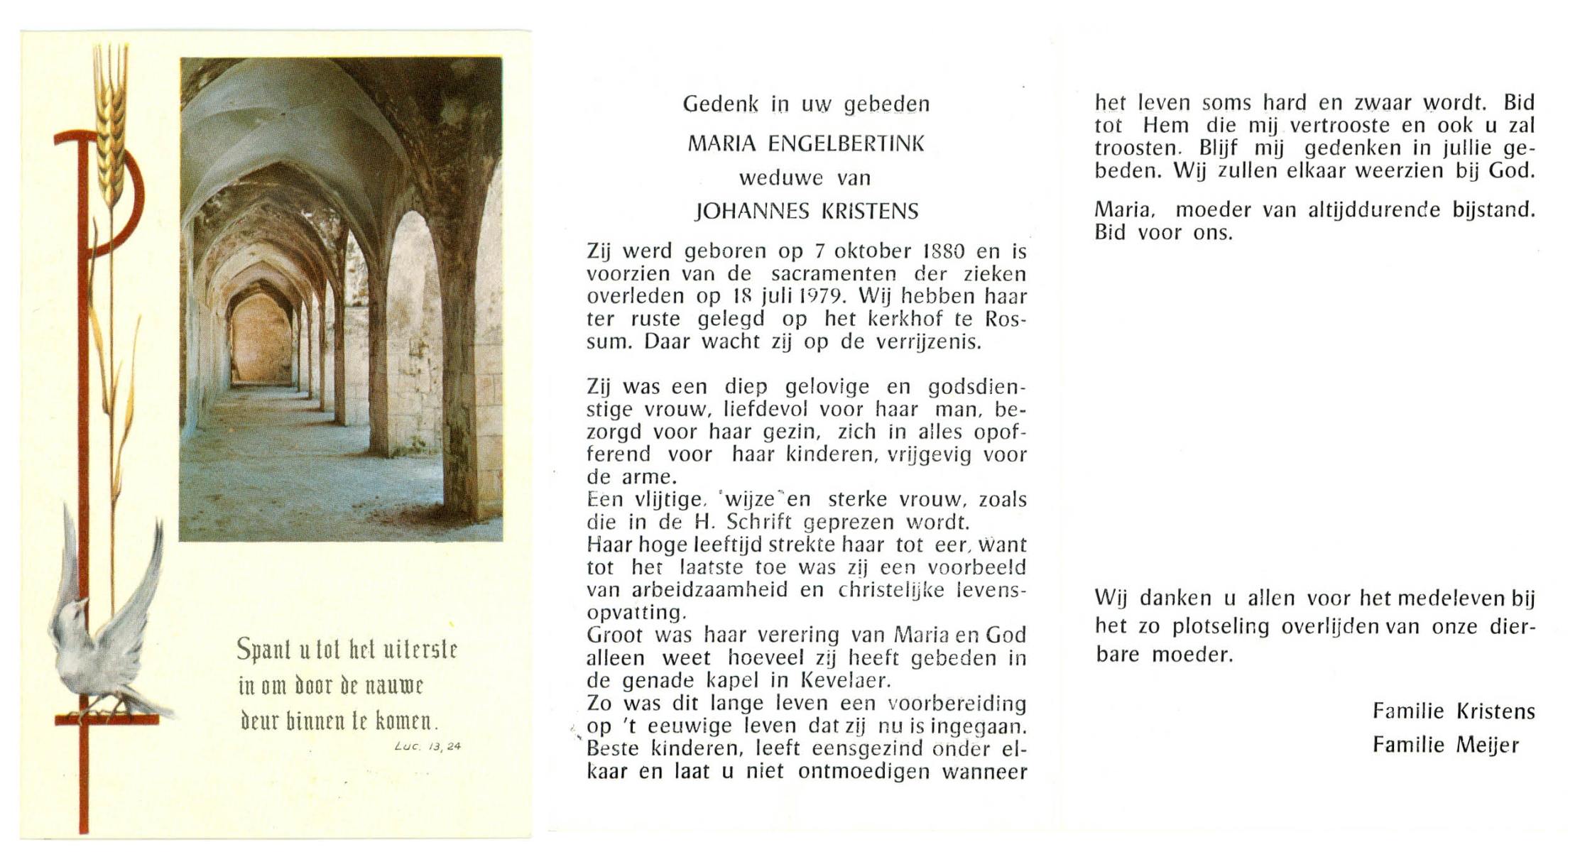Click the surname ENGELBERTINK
[x=846, y=144]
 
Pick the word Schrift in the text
[x=759, y=523]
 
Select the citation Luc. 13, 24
[x=427, y=746]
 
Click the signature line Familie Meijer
[x=1445, y=745]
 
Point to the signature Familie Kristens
[x=1453, y=711]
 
